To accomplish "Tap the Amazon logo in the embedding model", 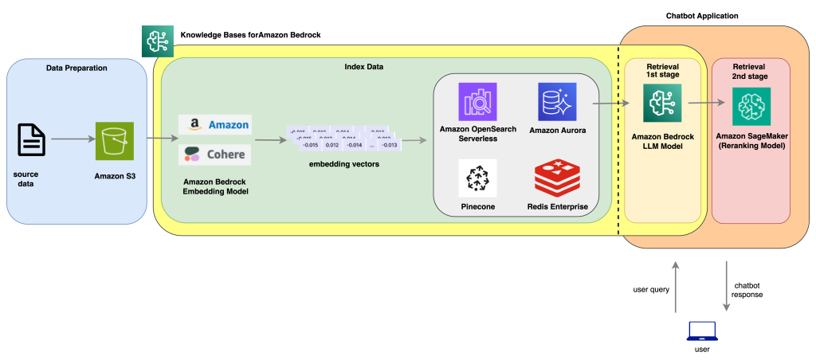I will pos(214,125).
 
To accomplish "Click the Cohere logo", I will pos(214,154).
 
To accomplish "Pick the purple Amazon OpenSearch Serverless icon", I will pos(477,102).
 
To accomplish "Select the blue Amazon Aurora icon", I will pos(556,102).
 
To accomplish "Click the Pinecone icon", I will pos(477,178).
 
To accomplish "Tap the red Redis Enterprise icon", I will pos(556,178).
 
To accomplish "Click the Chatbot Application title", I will pos(702,16).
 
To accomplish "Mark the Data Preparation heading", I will pos(76,68).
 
